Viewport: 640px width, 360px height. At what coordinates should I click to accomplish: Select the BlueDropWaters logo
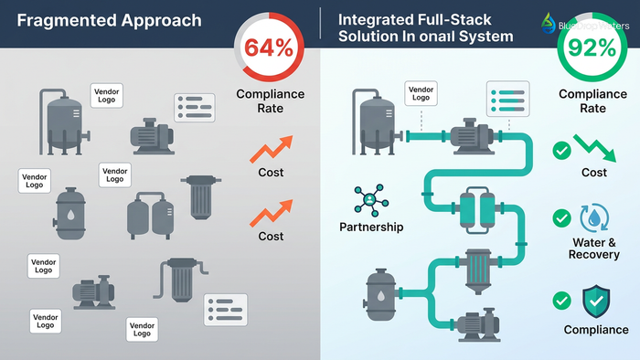click(x=584, y=23)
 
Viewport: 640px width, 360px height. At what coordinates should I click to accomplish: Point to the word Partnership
click(x=372, y=227)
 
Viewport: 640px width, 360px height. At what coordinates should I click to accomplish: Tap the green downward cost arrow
click(x=592, y=146)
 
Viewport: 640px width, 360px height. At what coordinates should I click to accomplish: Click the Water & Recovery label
click(x=593, y=249)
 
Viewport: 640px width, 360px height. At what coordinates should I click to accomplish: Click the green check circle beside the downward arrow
click(x=560, y=147)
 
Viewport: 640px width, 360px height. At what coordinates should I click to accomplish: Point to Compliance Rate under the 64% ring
click(x=272, y=101)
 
